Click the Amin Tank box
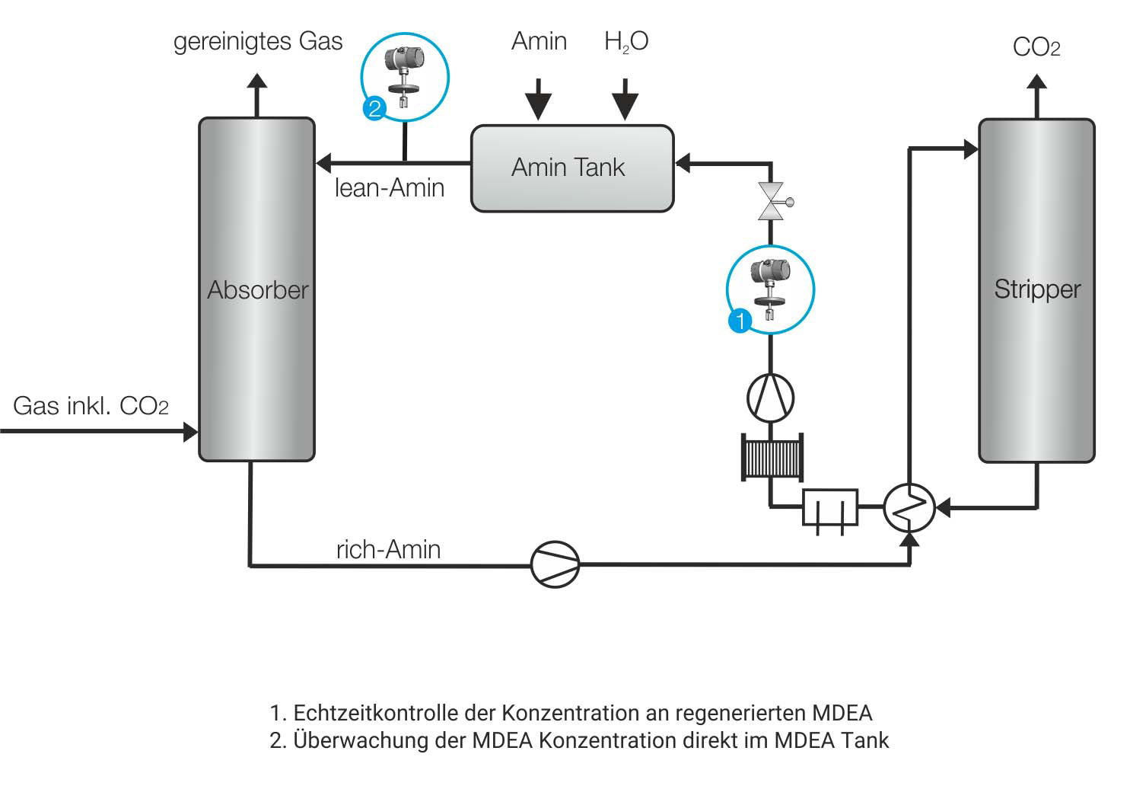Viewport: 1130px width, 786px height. [571, 168]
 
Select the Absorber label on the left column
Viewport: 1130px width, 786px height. [257, 290]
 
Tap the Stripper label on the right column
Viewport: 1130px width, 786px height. [1036, 289]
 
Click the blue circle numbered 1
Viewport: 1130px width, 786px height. [740, 321]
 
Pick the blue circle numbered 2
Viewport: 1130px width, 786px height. [374, 108]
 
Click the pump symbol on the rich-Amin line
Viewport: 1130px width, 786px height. [555, 564]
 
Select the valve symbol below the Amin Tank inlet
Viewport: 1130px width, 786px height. [771, 202]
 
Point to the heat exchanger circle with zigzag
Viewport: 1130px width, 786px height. [909, 506]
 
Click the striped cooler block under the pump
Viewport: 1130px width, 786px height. [772, 457]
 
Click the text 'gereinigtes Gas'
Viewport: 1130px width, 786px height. [258, 41]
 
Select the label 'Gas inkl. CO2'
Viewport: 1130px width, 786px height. [91, 406]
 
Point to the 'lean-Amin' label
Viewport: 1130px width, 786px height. [390, 188]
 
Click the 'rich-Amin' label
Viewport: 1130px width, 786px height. [388, 549]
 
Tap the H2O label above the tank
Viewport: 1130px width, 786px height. [625, 41]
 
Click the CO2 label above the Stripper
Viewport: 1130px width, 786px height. [1036, 47]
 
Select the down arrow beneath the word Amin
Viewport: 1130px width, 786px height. [539, 99]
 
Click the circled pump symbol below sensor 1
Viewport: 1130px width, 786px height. [770, 398]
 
